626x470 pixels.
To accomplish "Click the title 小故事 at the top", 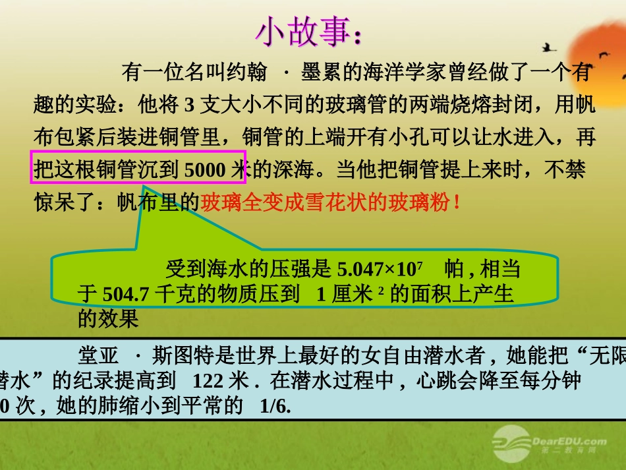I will pyautogui.click(x=306, y=32).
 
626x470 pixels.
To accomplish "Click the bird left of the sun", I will pyautogui.click(x=548, y=47).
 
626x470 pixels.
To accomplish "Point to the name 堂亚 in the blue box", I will pyautogui.click(x=98, y=357).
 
